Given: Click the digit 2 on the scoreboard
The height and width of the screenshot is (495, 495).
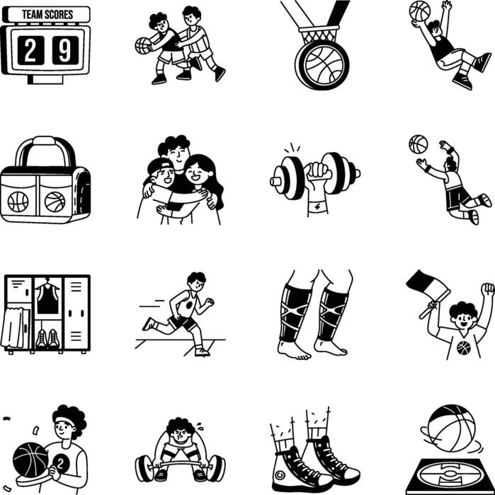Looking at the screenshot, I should click(30, 50).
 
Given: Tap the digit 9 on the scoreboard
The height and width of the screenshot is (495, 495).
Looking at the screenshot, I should click(64, 50).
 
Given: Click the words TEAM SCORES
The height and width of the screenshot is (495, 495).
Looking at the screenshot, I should click(47, 14).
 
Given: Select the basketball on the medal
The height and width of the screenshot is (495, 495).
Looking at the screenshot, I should click(322, 65).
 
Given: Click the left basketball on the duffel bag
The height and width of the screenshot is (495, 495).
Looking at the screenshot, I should click(18, 202).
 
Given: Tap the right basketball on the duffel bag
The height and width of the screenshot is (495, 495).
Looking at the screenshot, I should click(55, 202).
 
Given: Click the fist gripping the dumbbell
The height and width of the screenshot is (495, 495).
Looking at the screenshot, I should click(317, 174).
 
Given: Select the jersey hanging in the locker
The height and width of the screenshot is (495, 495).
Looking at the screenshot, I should click(47, 298).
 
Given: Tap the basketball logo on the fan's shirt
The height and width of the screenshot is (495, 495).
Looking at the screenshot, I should click(463, 347).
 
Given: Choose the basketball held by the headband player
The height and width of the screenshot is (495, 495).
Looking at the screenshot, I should click(30, 460).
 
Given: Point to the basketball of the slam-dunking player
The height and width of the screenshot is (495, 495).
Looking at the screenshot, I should click(419, 11).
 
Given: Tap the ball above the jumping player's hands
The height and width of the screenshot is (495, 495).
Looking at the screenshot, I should click(418, 144).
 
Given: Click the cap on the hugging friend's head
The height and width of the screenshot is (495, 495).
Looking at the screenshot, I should click(160, 166).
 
